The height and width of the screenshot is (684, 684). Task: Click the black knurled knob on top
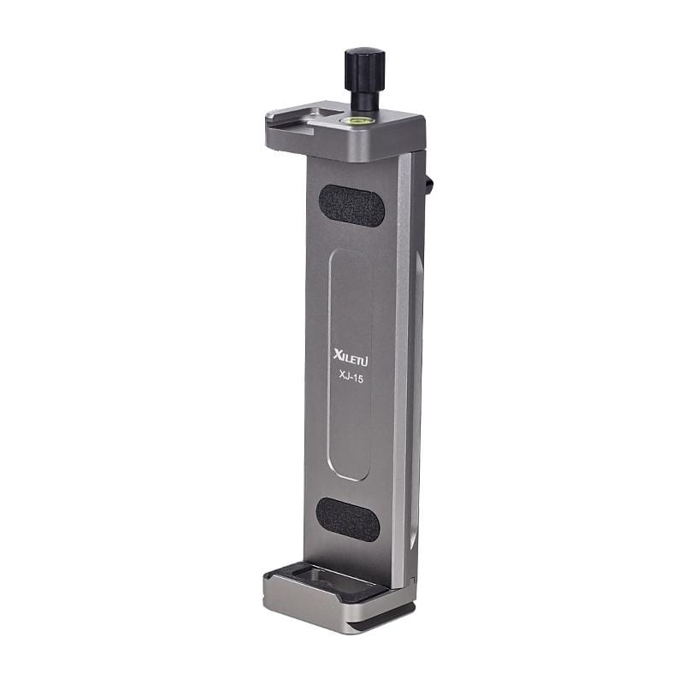(364, 68)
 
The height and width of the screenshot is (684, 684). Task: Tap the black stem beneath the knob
(364, 100)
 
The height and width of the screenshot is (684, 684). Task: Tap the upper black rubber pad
(351, 206)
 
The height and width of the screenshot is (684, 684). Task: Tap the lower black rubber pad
(348, 520)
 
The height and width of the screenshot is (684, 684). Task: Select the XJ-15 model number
(351, 377)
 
